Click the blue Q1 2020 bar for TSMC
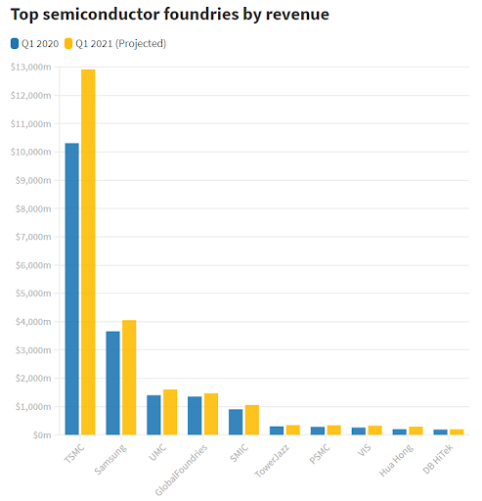click(x=71, y=289)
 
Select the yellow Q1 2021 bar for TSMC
click(x=88, y=252)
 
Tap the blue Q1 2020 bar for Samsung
click(x=112, y=383)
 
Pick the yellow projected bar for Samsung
click(x=129, y=377)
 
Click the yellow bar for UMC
click(x=170, y=412)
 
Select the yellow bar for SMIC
click(x=252, y=419)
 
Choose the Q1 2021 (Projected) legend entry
click(x=115, y=44)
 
